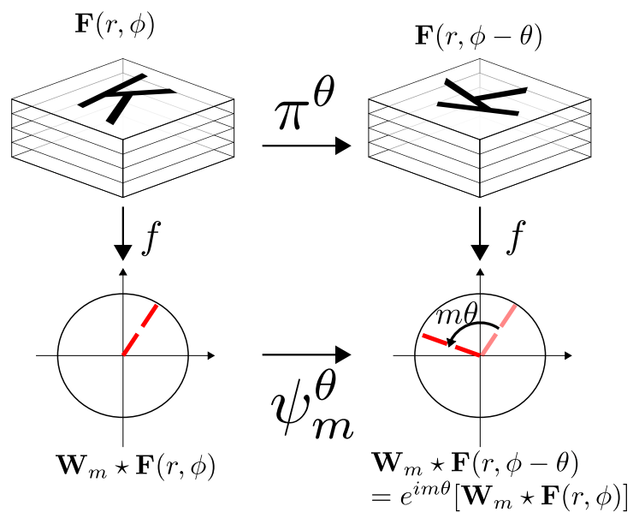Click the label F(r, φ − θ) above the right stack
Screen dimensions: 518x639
coord(478,38)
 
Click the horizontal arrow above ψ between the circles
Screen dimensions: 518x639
coord(306,354)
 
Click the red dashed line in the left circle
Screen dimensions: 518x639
coord(140,329)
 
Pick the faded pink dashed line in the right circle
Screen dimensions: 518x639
coord(497,330)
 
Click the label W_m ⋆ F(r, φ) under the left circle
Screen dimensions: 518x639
coord(133,467)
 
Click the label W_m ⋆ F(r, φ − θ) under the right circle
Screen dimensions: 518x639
coord(477,465)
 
